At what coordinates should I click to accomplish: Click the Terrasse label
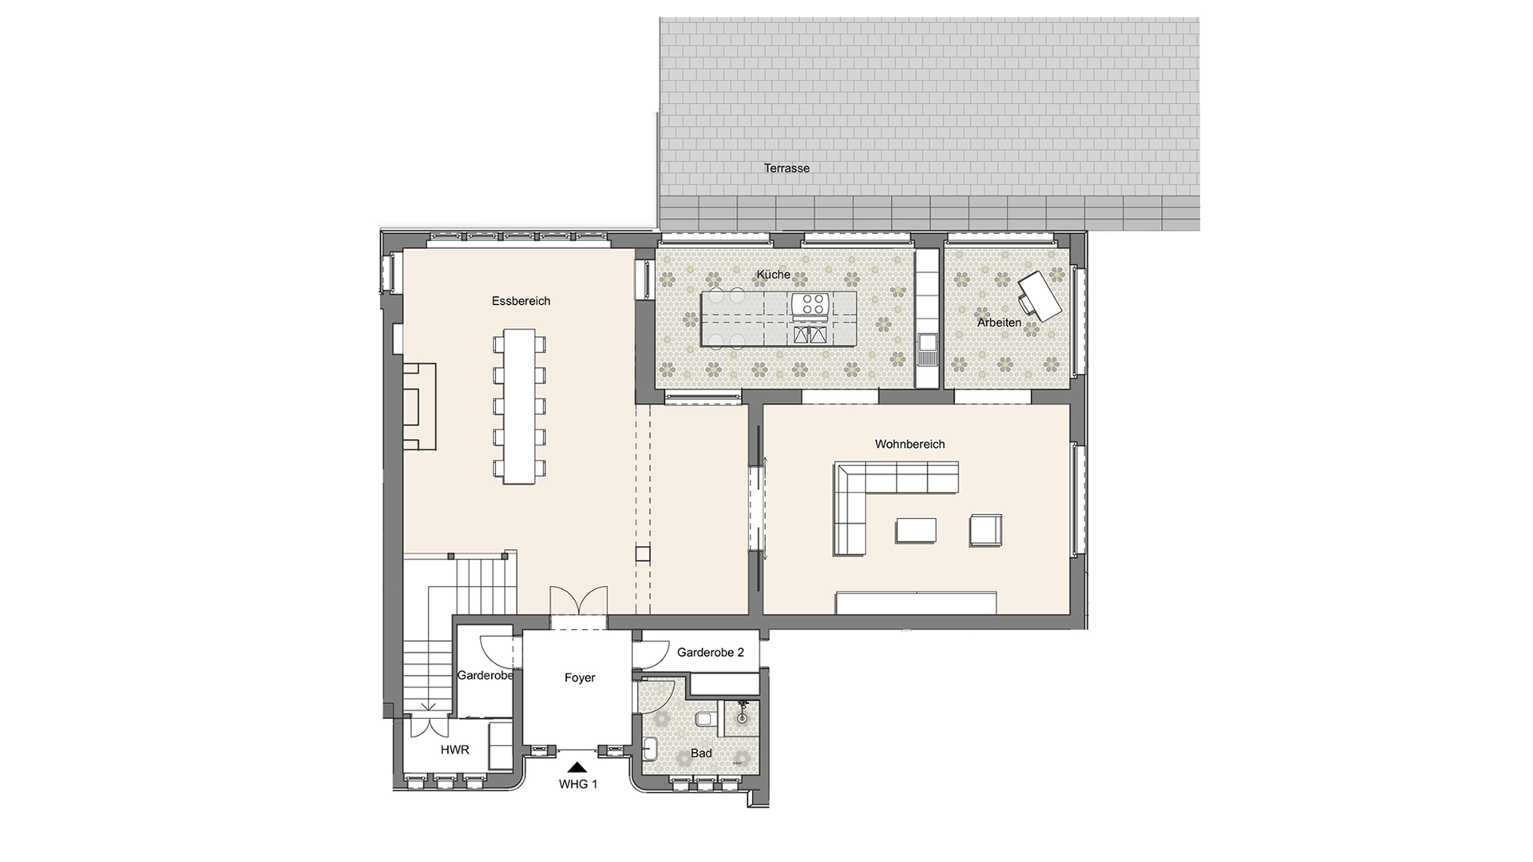pos(786,168)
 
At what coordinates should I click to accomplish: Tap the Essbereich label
pos(521,301)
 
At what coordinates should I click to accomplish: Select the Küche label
pos(773,275)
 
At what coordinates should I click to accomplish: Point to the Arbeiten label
pos(999,322)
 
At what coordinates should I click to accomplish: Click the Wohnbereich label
pos(909,444)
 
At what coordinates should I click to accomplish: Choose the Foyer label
pos(580,678)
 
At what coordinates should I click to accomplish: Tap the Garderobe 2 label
pos(711,652)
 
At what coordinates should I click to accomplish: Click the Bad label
pos(701,753)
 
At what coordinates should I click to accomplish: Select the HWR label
pos(454,749)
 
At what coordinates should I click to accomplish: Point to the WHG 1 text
pos(578,784)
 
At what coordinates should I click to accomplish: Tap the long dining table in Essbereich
pos(521,407)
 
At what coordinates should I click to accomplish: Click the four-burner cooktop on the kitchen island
pos(813,304)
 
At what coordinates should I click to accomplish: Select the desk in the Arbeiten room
pos(1040,296)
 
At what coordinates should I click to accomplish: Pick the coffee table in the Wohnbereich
pos(916,530)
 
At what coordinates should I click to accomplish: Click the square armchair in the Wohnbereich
pos(985,530)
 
